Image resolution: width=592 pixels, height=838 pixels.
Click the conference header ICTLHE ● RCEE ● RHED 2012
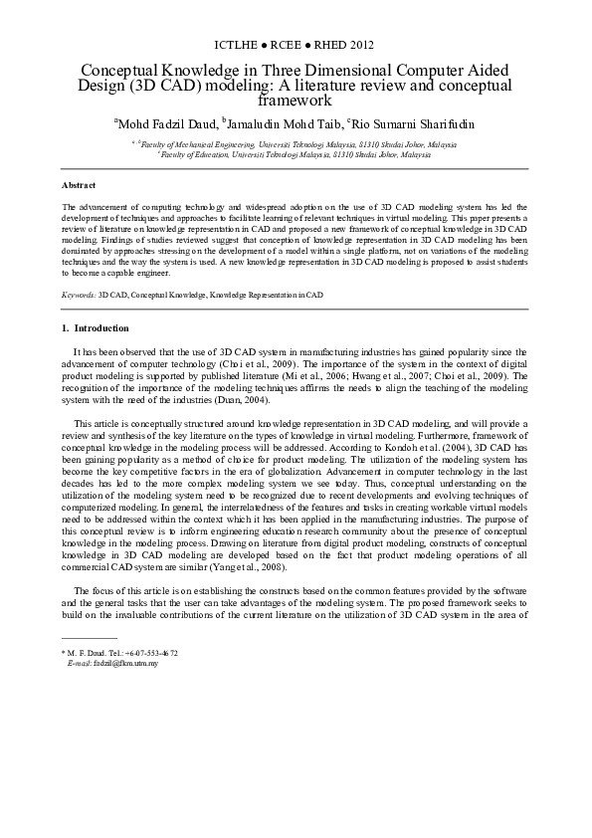295,45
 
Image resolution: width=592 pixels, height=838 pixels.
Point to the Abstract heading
79,186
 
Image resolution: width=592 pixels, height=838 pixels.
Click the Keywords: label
79,296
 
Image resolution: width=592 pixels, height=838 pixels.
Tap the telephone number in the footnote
149,653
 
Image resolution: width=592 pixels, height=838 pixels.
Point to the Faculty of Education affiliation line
295,155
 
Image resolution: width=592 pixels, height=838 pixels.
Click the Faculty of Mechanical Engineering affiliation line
295,145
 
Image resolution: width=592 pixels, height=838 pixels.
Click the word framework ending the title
295,100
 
